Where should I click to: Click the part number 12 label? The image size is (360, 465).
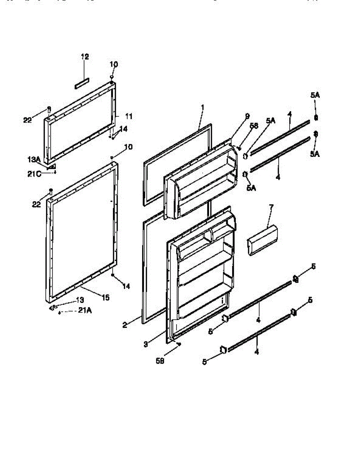point(85,57)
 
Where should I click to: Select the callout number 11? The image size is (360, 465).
point(129,116)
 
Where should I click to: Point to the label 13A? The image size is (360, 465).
point(34,159)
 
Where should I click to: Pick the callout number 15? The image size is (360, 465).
point(105,298)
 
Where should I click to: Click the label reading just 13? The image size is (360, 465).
point(79,300)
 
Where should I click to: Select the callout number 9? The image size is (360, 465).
point(247,116)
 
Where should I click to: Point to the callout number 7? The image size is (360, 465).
point(271,207)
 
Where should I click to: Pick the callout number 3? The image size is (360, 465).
point(146,344)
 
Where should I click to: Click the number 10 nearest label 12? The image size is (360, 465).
point(113,64)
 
